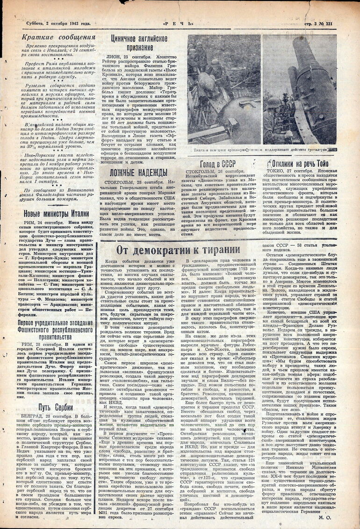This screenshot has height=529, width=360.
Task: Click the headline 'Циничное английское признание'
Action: [x=139, y=43]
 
